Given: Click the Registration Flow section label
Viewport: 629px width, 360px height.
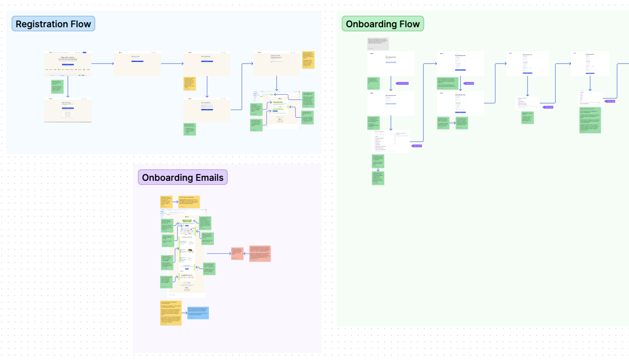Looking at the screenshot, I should click(x=53, y=24).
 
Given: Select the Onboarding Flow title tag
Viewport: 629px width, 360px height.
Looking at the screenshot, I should click(x=383, y=24).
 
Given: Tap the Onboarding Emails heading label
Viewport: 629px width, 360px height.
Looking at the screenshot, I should click(x=182, y=178).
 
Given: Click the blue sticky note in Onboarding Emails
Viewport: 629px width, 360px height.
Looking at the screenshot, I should click(x=198, y=313).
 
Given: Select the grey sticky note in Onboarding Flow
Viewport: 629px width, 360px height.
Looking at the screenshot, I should click(x=378, y=44).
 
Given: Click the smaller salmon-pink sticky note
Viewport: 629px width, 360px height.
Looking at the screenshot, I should click(x=237, y=253).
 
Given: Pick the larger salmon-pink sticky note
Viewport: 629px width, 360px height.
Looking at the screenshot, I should click(x=260, y=253).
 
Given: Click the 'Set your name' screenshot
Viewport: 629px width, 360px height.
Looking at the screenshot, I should click(x=137, y=63).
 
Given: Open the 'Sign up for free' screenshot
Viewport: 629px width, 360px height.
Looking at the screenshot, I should click(x=68, y=110).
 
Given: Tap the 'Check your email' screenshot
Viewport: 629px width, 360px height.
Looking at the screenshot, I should click(x=277, y=63).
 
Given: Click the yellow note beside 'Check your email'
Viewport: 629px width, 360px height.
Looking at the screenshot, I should click(x=308, y=60).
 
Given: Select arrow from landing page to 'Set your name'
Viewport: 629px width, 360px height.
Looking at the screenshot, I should click(x=102, y=64).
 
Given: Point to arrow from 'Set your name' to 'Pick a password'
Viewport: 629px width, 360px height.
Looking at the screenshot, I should click(x=172, y=64).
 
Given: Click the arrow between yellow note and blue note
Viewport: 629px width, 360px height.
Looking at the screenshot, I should click(x=184, y=313).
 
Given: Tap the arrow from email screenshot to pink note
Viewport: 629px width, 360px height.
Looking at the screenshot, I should click(x=219, y=253).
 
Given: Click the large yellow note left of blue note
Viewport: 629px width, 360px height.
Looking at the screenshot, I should click(x=170, y=313).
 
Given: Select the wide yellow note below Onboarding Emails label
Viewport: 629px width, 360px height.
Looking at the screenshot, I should click(x=189, y=201).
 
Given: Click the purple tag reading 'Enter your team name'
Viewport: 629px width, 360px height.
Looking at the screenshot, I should click(x=402, y=83).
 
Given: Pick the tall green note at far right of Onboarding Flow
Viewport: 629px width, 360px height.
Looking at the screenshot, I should click(x=590, y=120).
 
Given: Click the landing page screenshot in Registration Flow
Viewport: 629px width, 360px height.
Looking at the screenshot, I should click(x=68, y=64).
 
